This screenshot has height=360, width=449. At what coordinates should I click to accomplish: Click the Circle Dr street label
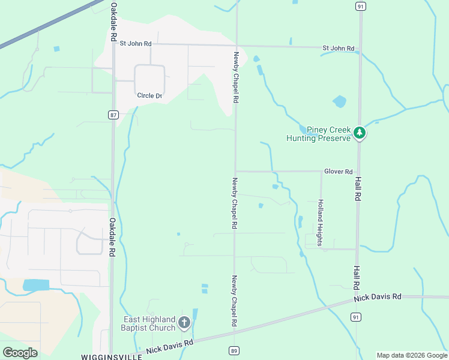tap(149, 95)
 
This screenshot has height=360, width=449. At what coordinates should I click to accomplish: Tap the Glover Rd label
tap(339, 172)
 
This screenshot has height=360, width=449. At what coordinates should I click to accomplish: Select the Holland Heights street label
tap(321, 223)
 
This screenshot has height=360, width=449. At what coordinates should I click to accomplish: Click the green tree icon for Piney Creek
tap(359, 133)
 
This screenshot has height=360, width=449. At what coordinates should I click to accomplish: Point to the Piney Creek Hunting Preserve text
tap(318, 134)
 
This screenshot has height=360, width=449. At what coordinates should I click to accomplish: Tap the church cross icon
tap(184, 323)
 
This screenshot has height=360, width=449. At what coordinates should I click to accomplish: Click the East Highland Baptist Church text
tap(149, 323)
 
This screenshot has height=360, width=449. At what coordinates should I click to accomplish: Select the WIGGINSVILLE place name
tap(112, 356)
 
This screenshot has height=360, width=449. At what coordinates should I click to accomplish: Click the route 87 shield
tap(114, 115)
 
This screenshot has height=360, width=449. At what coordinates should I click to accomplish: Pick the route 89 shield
tap(235, 350)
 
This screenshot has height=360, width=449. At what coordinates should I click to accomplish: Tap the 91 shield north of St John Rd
tap(360, 6)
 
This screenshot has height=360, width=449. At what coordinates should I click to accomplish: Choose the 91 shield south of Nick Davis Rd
tap(357, 316)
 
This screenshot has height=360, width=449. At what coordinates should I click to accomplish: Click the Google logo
tap(20, 353)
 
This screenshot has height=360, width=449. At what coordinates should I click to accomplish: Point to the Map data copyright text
tap(412, 355)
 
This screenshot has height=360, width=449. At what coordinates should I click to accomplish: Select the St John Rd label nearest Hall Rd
tap(339, 48)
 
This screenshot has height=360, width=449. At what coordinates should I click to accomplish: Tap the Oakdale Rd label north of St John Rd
tap(114, 22)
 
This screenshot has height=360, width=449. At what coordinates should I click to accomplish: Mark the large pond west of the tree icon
tap(340, 101)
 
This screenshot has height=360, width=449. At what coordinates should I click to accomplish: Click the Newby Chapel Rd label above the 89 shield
tap(235, 301)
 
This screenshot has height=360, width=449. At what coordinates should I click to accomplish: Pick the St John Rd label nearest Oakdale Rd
tap(136, 43)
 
